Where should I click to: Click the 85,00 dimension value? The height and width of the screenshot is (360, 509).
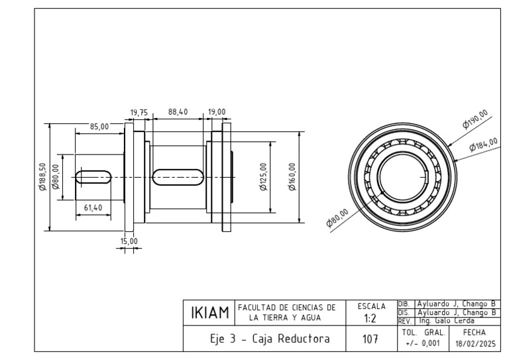click(x=99, y=127)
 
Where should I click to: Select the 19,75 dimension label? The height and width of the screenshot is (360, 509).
click(x=139, y=113)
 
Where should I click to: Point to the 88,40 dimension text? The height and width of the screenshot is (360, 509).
click(x=178, y=113)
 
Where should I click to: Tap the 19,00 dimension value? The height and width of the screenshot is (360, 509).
click(x=217, y=113)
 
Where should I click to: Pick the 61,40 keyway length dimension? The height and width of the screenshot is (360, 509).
click(x=93, y=208)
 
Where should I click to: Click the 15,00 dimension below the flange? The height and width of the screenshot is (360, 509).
click(x=129, y=241)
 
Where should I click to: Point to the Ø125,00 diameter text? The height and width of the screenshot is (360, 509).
click(x=264, y=177)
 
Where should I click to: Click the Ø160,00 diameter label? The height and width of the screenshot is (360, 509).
click(x=292, y=177)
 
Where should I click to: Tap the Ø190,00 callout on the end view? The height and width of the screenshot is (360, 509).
click(x=475, y=118)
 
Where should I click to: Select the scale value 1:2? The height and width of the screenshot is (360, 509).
click(x=371, y=318)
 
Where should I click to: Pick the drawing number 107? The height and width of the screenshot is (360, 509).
click(x=371, y=339)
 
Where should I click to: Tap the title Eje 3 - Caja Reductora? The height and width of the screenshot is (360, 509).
click(x=270, y=339)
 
